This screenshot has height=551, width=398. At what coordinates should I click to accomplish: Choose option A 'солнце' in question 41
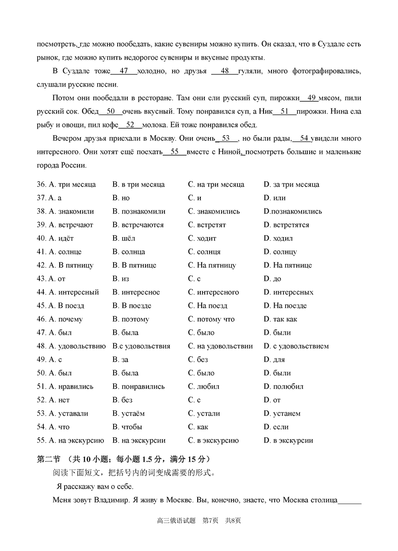point(59,252)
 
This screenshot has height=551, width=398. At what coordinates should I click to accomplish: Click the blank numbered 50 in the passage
point(111,111)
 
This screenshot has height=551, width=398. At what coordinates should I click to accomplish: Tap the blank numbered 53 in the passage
point(226,138)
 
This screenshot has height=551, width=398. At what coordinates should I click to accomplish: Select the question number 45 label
point(42,306)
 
